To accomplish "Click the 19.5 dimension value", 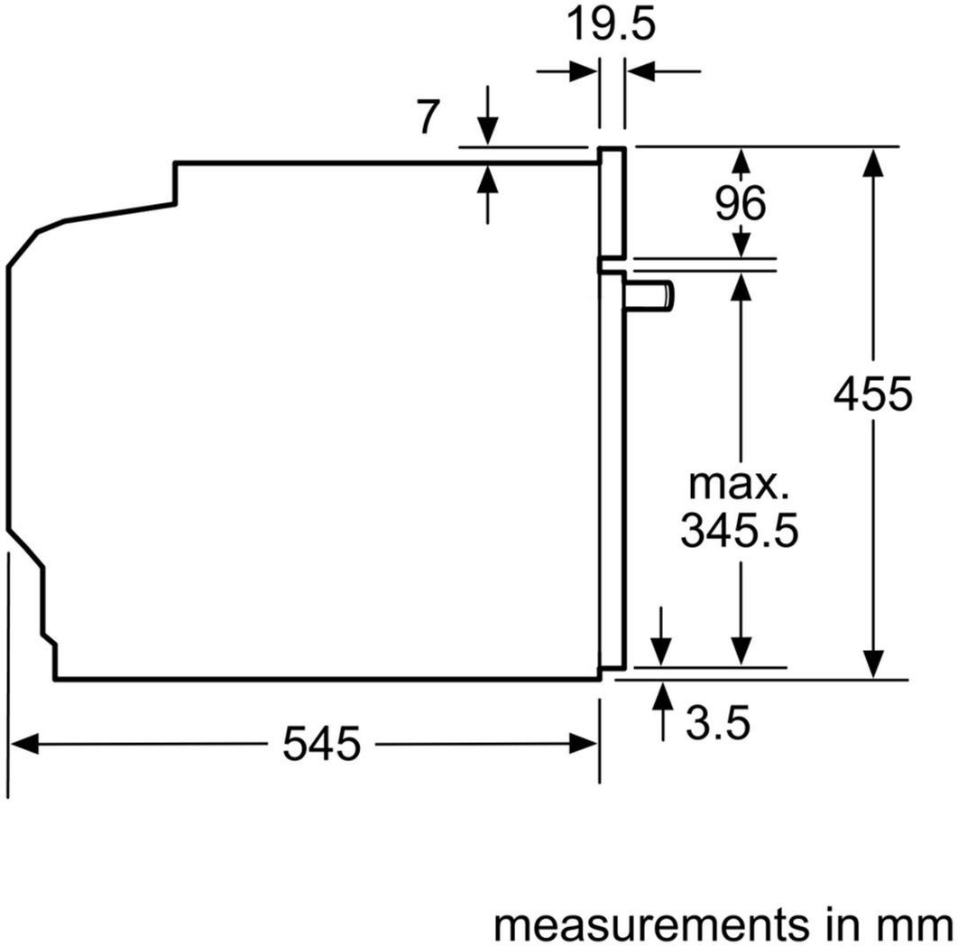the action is point(611,25).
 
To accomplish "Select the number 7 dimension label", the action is point(428,116).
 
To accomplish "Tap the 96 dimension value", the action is point(740,204).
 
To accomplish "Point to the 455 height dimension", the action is point(873,394).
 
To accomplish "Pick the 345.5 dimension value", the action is point(740,530).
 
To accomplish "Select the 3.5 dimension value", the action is point(717,723).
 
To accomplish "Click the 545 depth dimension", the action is point(321,744).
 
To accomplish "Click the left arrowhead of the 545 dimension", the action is point(24,744).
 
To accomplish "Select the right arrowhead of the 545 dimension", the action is point(583,744).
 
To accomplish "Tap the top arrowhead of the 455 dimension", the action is point(874,162).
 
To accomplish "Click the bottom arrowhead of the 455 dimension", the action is point(874,664).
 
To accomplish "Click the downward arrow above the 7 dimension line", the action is point(487,116).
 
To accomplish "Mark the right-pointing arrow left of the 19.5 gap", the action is point(567,71).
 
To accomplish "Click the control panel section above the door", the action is point(613,202).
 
